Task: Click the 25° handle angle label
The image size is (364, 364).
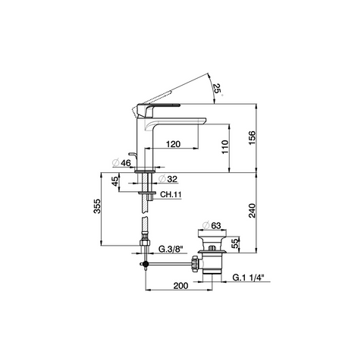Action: coord(218,89)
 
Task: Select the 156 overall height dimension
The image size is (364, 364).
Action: coord(252,138)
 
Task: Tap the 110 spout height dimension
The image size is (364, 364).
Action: coord(225,147)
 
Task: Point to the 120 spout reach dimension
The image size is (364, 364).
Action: coord(173,144)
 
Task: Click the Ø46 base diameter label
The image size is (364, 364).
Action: coord(122,163)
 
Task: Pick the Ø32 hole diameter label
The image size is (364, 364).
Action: coord(168,179)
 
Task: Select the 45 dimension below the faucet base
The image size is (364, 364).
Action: coord(115,181)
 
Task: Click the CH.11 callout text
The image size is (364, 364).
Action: coord(171,194)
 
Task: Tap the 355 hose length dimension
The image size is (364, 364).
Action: coord(97,206)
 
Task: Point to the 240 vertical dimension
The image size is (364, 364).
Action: coord(252,211)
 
